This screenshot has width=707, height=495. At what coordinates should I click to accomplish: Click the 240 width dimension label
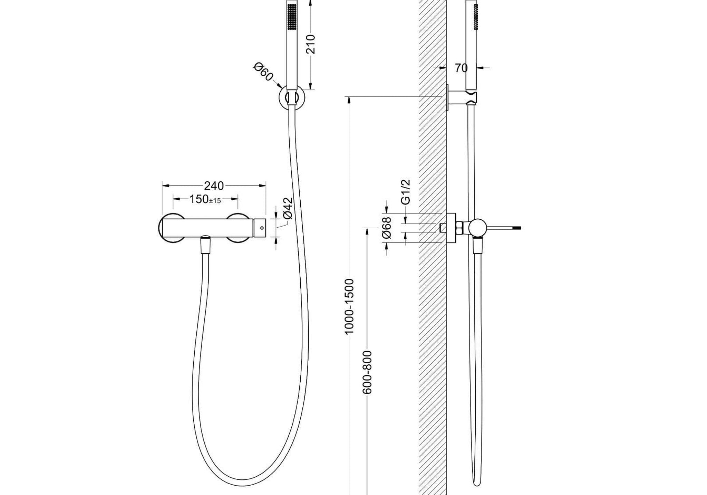pos(214,186)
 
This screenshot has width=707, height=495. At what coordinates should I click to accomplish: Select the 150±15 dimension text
pos(205,199)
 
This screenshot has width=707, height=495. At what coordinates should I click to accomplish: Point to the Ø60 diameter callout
pos(263,72)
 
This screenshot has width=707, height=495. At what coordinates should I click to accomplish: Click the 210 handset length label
pos(311,44)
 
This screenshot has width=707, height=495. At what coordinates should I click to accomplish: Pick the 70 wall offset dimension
pos(461,68)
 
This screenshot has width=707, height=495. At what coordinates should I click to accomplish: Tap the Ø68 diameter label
pos(387,227)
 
